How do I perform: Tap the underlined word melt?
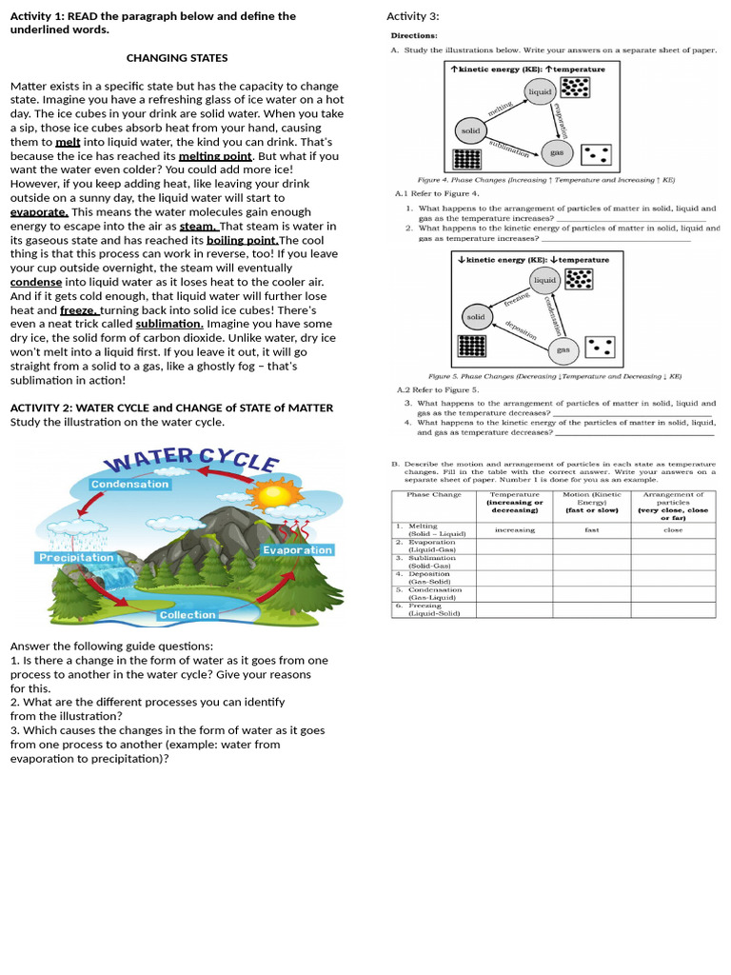tap(68, 142)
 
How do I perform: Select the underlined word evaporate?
tap(38, 212)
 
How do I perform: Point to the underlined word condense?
tap(36, 282)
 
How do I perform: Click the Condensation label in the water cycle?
tap(129, 484)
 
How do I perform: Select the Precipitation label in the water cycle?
tap(76, 557)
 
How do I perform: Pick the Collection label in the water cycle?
tap(187, 615)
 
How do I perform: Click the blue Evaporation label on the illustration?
tap(297, 550)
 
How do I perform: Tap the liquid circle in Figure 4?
tap(540, 91)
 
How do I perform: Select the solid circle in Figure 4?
tap(470, 130)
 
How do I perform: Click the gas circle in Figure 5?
tap(563, 349)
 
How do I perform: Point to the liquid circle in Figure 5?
tap(545, 280)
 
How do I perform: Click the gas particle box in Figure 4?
tap(596, 154)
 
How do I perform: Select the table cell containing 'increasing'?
tap(514, 530)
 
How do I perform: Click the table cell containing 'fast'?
tap(591, 530)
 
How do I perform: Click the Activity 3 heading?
tap(412, 16)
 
